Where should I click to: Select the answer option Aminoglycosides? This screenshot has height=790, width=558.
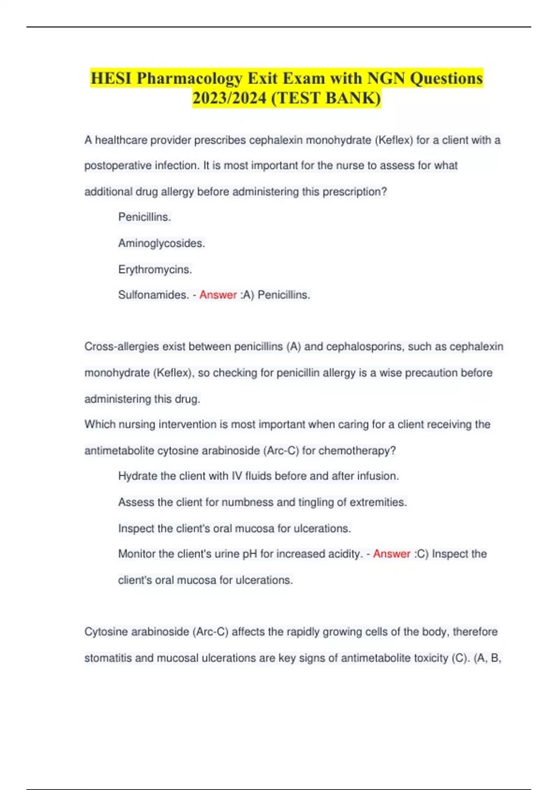[161, 244]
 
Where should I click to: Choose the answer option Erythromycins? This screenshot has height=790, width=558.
[155, 270]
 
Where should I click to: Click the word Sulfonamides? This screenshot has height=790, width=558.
[153, 295]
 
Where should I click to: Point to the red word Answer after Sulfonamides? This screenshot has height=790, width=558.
[218, 295]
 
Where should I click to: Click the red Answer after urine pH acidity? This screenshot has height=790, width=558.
[392, 554]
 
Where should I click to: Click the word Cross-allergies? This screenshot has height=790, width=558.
[119, 347]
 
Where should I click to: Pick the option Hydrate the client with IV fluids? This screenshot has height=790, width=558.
[258, 476]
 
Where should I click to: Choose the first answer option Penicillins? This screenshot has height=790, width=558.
[145, 217]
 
